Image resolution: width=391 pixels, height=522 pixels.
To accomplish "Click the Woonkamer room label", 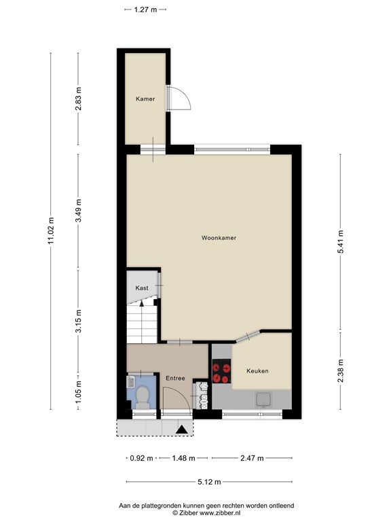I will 213,239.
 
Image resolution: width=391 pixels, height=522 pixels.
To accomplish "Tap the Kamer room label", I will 145,99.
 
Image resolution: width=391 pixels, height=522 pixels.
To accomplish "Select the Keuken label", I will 257,371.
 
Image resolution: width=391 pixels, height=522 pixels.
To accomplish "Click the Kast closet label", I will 142,288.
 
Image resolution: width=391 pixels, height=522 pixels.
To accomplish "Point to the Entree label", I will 175,378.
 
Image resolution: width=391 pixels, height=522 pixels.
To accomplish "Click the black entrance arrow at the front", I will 182,429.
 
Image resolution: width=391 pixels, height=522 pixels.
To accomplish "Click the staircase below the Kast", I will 142,323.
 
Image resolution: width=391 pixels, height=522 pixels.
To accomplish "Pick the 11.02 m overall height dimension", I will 50,232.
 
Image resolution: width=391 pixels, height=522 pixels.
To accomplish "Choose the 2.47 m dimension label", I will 251,458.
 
